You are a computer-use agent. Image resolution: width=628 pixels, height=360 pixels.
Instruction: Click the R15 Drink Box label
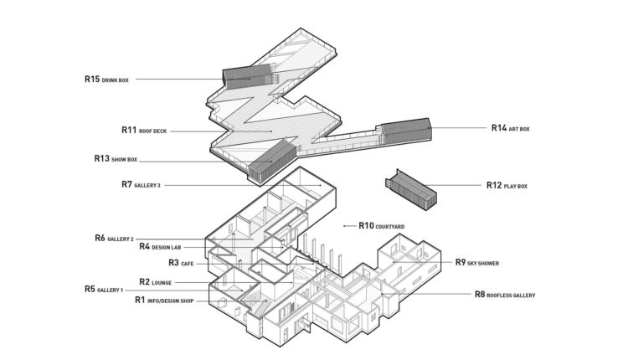106,80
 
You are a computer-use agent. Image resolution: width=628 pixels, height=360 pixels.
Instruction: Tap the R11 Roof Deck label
144,131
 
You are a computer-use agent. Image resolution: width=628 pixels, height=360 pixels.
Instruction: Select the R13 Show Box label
116,159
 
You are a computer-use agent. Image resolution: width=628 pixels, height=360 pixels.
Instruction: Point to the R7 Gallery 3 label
141,185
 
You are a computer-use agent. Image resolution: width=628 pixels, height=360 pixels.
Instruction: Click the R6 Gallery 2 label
114,239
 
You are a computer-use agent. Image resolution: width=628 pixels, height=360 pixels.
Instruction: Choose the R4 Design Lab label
160,247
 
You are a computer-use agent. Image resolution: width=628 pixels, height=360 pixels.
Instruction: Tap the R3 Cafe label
181,263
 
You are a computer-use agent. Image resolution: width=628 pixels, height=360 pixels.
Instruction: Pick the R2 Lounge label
156,282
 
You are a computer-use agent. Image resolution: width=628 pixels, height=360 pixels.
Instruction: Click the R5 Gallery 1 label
104,289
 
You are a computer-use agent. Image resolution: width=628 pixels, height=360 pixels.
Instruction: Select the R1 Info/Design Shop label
164,300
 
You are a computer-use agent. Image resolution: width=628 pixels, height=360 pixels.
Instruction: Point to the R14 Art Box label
511,128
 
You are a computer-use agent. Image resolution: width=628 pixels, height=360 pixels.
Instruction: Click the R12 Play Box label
507,185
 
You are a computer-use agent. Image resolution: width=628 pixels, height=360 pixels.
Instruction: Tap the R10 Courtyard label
382,226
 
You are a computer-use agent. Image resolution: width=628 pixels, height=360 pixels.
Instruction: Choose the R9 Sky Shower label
477,263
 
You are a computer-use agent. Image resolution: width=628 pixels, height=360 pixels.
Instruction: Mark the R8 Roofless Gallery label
505,295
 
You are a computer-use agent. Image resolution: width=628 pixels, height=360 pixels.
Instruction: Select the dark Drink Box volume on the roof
250,77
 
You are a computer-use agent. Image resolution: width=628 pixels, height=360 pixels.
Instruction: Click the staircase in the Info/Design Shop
255,305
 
